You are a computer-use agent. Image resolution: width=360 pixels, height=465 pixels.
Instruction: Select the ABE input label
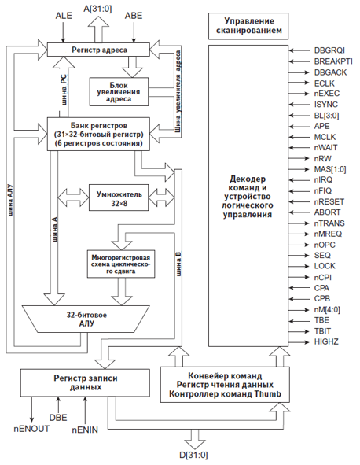(x=134, y=16)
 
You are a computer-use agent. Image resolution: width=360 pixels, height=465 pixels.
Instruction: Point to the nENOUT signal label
(x=30, y=428)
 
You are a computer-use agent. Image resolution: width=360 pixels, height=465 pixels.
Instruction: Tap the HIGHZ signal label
(x=327, y=343)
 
